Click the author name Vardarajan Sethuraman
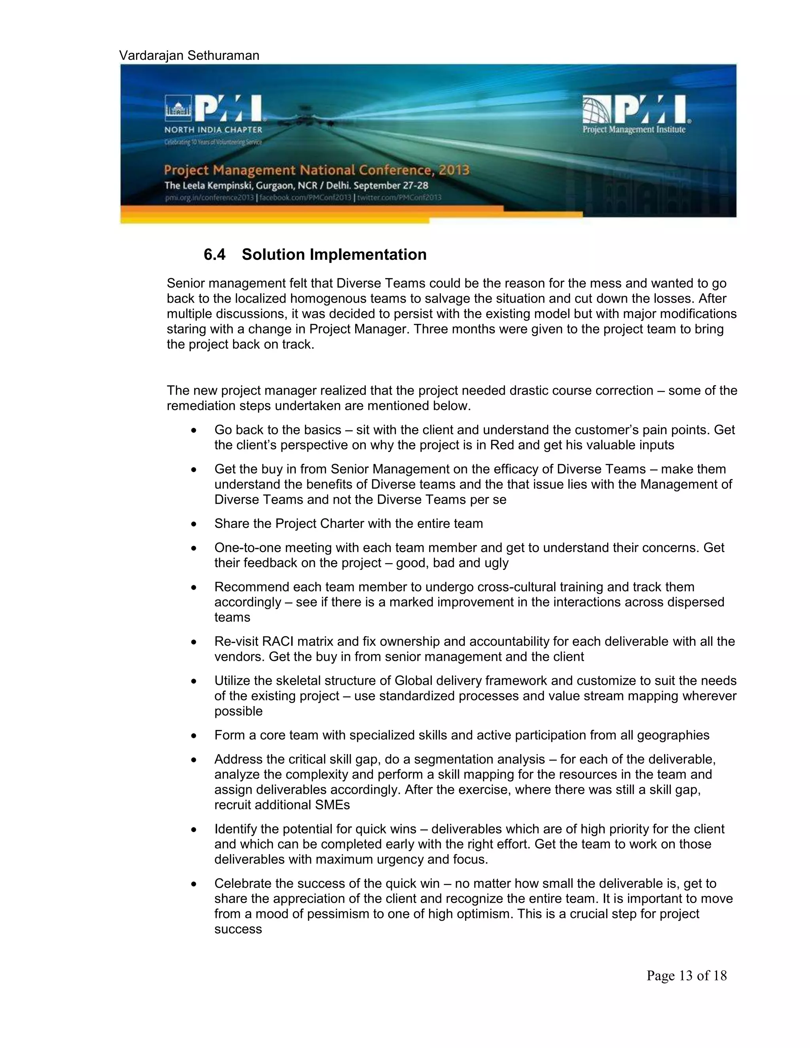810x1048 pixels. [x=189, y=56]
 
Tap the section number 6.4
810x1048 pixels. [x=214, y=254]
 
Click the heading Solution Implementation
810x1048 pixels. [x=334, y=254]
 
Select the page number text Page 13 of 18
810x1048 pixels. [x=686, y=976]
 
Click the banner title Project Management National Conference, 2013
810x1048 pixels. [x=317, y=170]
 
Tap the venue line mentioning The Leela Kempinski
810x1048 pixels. [x=296, y=186]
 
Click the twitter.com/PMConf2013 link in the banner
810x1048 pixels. [x=399, y=198]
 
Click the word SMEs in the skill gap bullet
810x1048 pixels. [x=333, y=805]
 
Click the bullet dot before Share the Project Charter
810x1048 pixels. [x=193, y=524]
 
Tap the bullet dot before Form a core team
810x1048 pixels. [x=193, y=736]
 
